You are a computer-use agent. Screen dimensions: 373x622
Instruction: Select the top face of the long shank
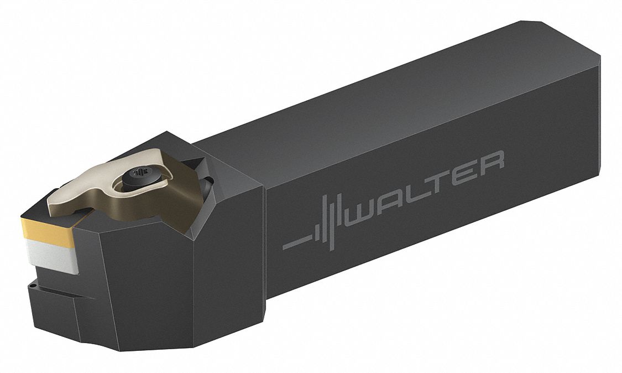click(387, 105)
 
